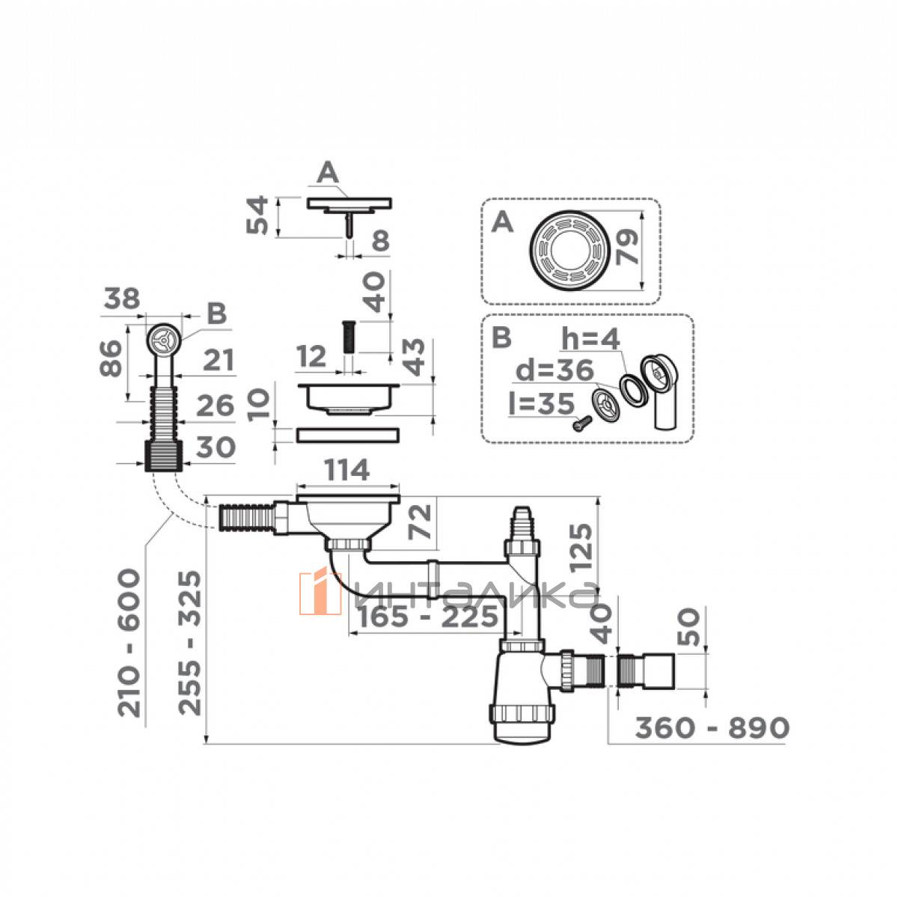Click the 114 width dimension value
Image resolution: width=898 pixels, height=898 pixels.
tap(347, 471)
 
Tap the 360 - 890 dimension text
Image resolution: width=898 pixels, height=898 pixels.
tap(712, 727)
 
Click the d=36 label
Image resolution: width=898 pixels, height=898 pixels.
tap(555, 371)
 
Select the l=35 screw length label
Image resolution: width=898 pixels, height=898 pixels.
tap(542, 403)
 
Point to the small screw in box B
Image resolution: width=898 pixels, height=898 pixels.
tap(581, 423)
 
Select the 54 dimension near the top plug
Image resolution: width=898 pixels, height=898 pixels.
tap(257, 216)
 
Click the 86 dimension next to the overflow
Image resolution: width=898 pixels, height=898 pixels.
tap(110, 359)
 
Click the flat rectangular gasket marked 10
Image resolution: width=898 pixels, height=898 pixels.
tap(347, 436)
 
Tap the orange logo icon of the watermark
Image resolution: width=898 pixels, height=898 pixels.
tap(320, 593)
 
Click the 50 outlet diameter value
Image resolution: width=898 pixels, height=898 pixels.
tap(688, 627)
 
